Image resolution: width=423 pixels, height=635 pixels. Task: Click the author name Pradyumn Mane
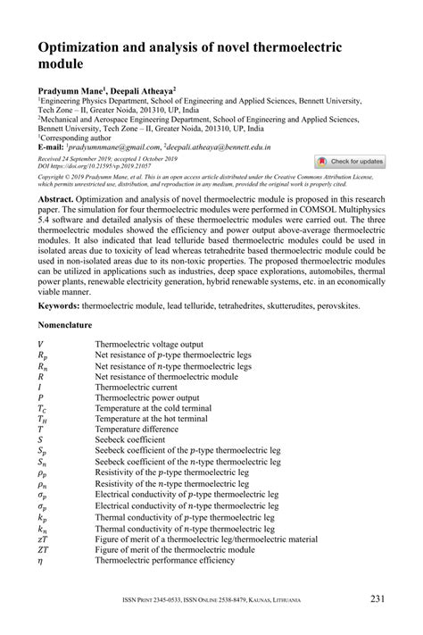pos(70,92)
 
